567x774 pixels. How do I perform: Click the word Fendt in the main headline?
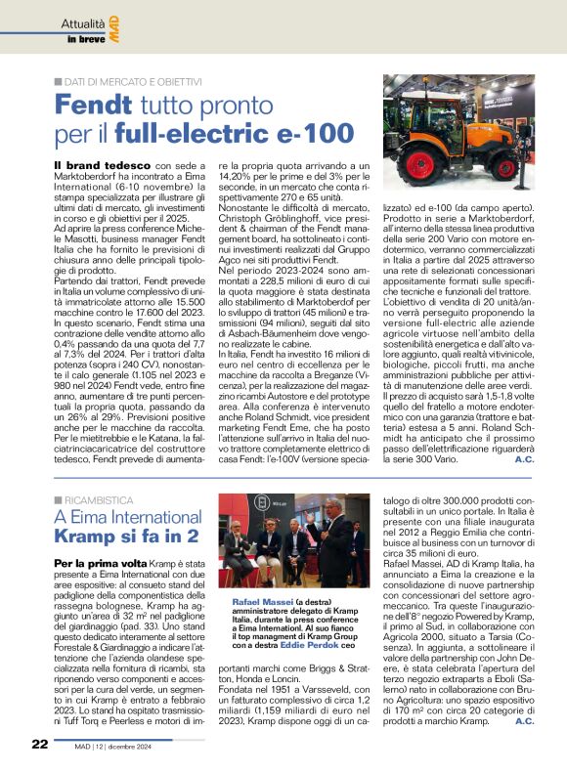pos(94,104)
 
